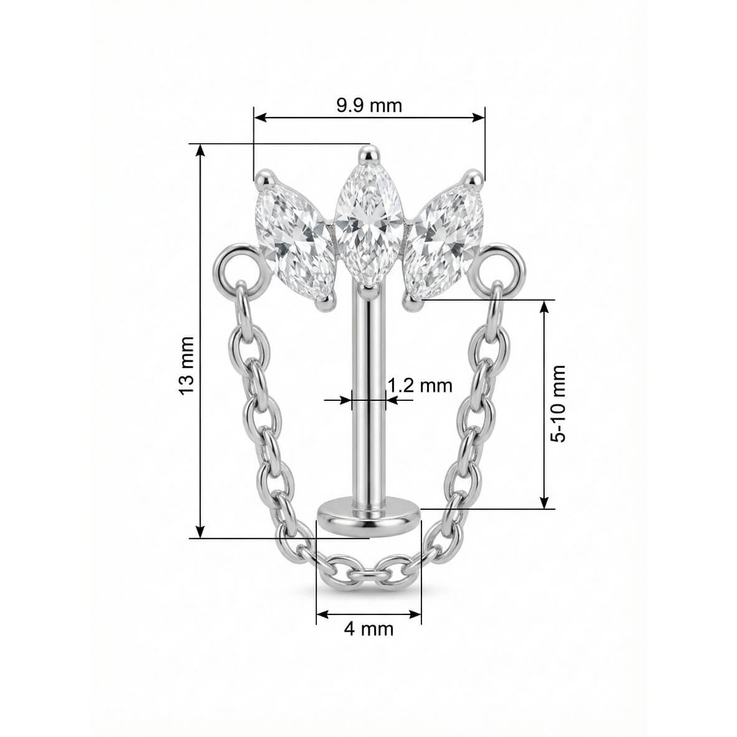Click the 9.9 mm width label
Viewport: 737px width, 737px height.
coord(370,106)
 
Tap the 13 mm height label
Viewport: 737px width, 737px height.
coord(187,365)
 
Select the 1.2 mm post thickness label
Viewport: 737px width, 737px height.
coord(420,385)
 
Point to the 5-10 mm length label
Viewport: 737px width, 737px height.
coord(558,403)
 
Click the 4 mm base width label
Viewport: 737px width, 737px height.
coord(368,629)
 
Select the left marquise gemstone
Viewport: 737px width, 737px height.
coord(293,242)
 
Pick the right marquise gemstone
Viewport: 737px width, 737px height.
coord(444,242)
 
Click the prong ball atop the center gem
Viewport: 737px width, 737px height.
coord(369,154)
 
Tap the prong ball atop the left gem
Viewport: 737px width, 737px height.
coord(264,179)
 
